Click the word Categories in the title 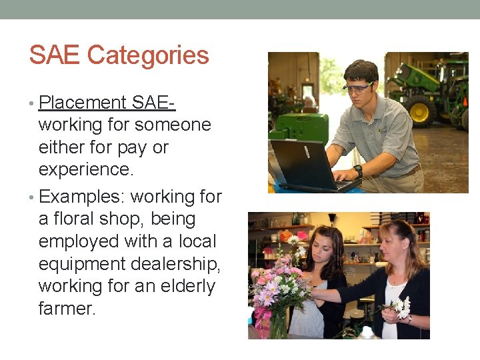pos(148,55)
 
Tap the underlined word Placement pos(83,103)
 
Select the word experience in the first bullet pos(85,170)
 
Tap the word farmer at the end pos(67,309)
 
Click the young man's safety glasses pos(359,87)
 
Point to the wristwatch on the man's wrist pos(359,171)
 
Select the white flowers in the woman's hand pos(403,307)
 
